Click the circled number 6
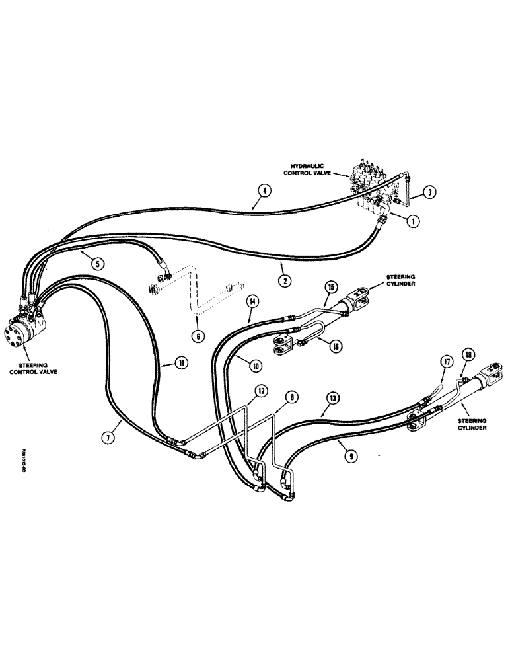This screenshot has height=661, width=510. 197,336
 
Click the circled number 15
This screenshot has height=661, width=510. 331,287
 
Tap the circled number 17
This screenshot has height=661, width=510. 447,362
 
